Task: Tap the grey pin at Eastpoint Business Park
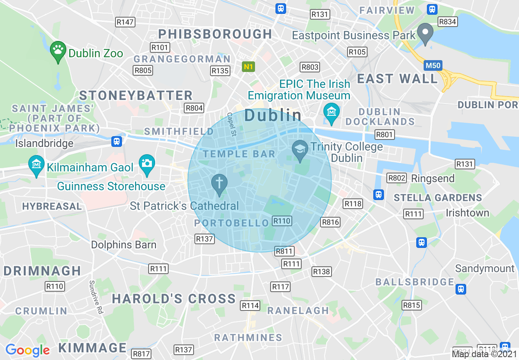tap(425, 32)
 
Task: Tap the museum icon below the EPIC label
tap(331, 111)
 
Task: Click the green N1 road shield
tap(248, 67)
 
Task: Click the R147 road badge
tap(125, 22)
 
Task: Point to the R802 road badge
tap(397, 178)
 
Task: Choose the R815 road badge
tap(412, 305)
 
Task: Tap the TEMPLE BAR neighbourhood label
tap(239, 154)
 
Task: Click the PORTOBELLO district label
tap(231, 223)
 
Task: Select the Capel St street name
tap(232, 124)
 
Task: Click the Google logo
tap(27, 350)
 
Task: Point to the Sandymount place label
tap(485, 268)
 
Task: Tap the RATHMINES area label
tap(248, 337)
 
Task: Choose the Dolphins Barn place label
tap(124, 245)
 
